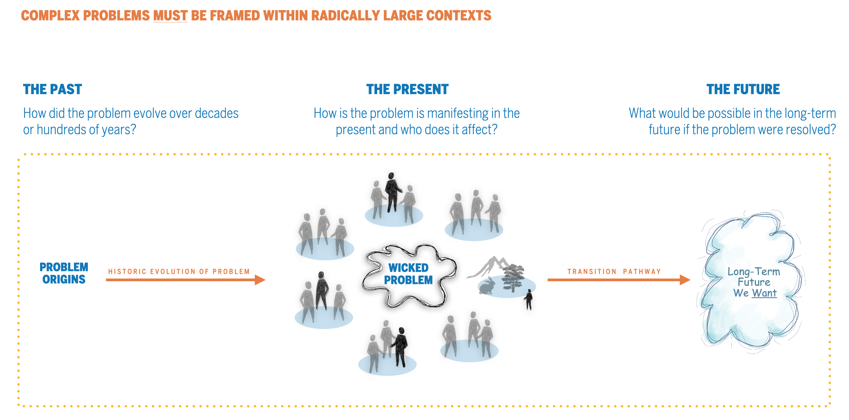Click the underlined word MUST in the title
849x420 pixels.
click(170, 16)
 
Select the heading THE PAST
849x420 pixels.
click(52, 89)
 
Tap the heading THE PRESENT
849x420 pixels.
click(407, 89)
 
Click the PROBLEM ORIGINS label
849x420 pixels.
click(64, 273)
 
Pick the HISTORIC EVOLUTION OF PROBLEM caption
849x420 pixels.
click(179, 271)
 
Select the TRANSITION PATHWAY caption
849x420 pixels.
click(614, 271)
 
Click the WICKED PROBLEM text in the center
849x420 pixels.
click(408, 274)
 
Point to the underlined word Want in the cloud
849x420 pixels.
click(764, 293)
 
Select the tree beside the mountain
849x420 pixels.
click(513, 277)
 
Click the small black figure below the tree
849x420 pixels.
click(529, 299)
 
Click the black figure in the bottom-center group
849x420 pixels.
click(401, 347)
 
